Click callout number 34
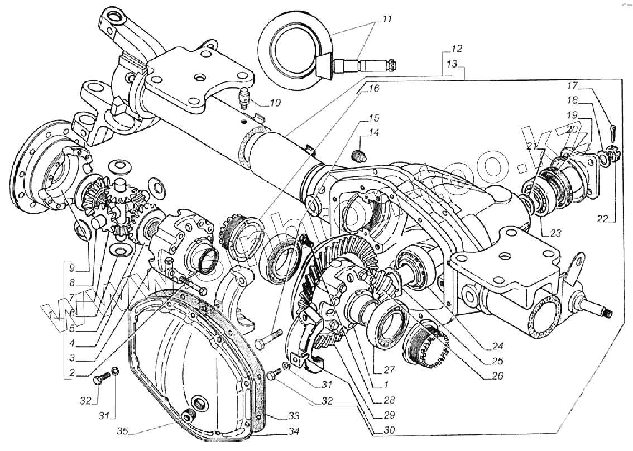(x=293, y=431)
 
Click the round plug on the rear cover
(x=196, y=405)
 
